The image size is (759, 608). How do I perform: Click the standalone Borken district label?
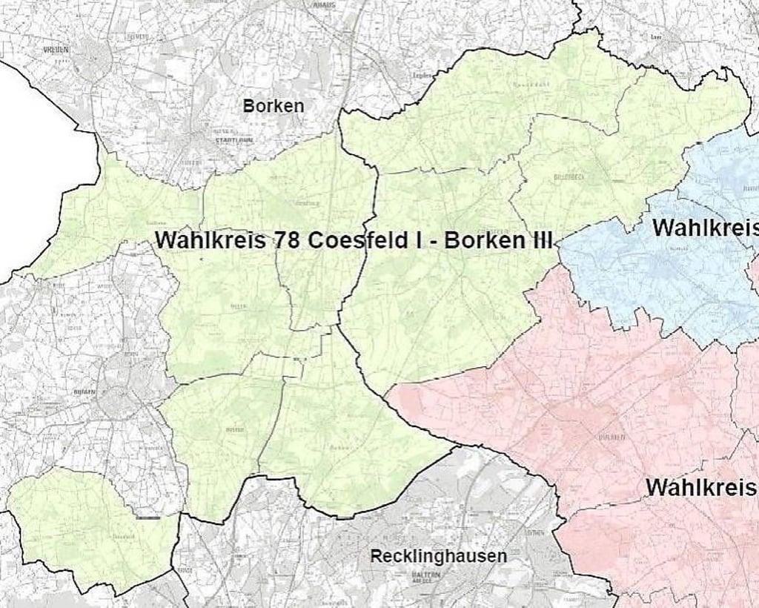pos(273,106)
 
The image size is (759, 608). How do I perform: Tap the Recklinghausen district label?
pos(439,556)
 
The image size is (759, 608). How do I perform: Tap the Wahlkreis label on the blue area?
pos(705,228)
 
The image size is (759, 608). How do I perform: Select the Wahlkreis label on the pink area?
pos(701,488)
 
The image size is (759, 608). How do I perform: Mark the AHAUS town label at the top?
pos(324,4)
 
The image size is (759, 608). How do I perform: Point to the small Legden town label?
pos(422,75)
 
